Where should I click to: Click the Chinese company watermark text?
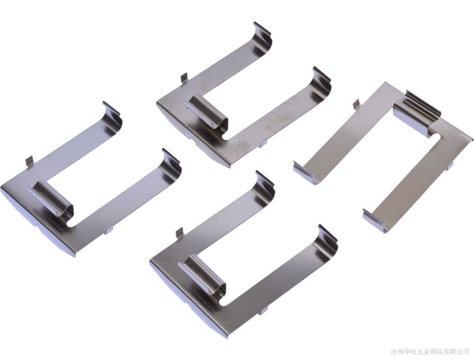429,351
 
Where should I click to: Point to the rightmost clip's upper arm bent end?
305,172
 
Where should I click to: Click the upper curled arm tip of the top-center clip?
262,39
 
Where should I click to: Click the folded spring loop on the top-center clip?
207,113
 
